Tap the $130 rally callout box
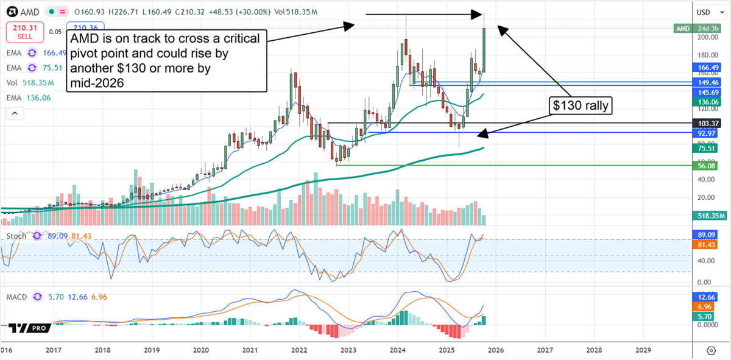click(581, 105)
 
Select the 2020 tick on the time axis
click(201, 350)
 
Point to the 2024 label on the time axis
click(398, 350)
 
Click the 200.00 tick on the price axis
click(705, 37)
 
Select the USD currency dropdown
click(707, 12)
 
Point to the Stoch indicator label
click(16, 236)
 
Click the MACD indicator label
click(17, 297)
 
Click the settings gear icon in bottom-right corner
click(711, 350)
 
